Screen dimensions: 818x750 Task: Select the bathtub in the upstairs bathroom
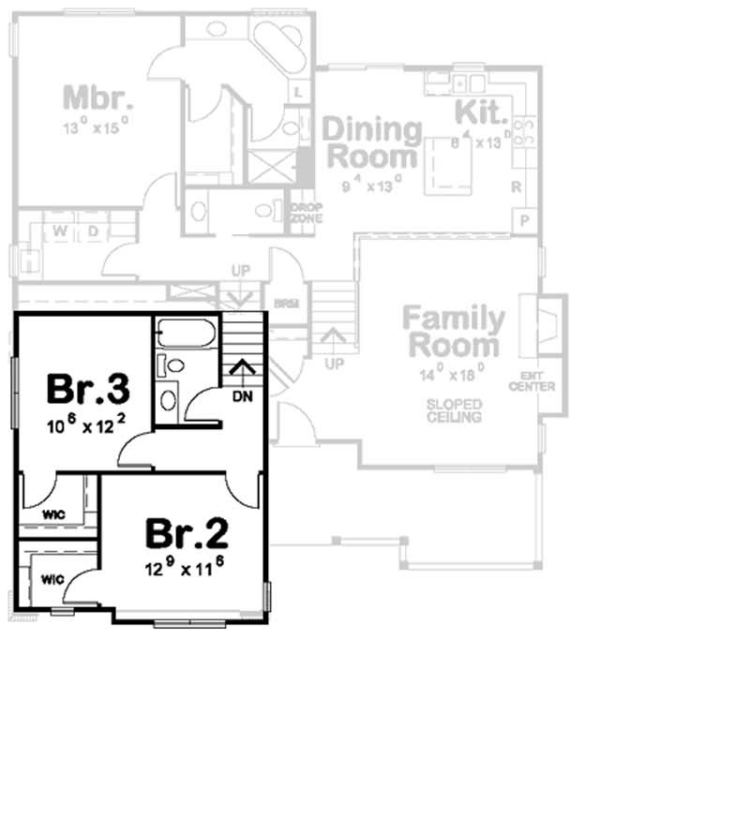point(187,335)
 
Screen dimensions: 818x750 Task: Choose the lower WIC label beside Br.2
point(52,578)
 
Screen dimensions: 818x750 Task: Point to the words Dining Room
point(372,142)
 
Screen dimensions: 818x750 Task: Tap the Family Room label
point(454,332)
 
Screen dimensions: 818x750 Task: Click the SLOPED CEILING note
point(455,409)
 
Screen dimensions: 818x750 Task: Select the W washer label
point(59,231)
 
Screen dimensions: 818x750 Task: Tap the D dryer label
point(93,231)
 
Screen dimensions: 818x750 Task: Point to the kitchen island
point(447,166)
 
